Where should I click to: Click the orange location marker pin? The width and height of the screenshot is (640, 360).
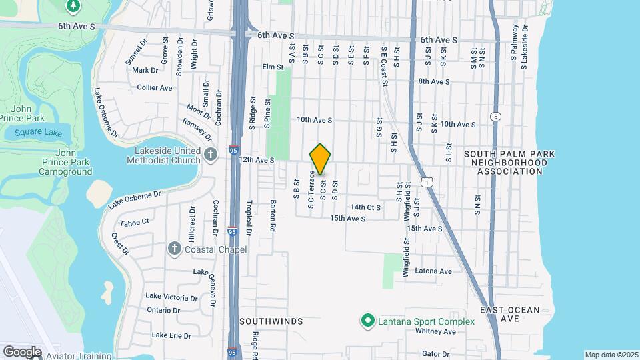click(321, 159)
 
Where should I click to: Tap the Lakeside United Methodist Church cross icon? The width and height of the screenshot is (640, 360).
click(211, 155)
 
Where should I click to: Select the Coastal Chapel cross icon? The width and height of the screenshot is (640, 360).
click(175, 249)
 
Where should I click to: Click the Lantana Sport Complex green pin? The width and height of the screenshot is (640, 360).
click(367, 321)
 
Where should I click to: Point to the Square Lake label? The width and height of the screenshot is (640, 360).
click(38, 133)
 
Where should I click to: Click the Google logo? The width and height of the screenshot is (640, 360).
click(22, 351)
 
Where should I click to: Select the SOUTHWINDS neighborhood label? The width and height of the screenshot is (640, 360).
click(271, 321)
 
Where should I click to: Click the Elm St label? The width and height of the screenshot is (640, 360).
click(273, 67)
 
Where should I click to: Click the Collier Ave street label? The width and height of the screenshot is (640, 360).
click(155, 87)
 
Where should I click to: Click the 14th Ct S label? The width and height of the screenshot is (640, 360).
click(365, 207)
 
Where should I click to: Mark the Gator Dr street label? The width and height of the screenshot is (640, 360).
click(436, 354)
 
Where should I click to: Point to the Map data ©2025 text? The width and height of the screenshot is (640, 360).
click(611, 355)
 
